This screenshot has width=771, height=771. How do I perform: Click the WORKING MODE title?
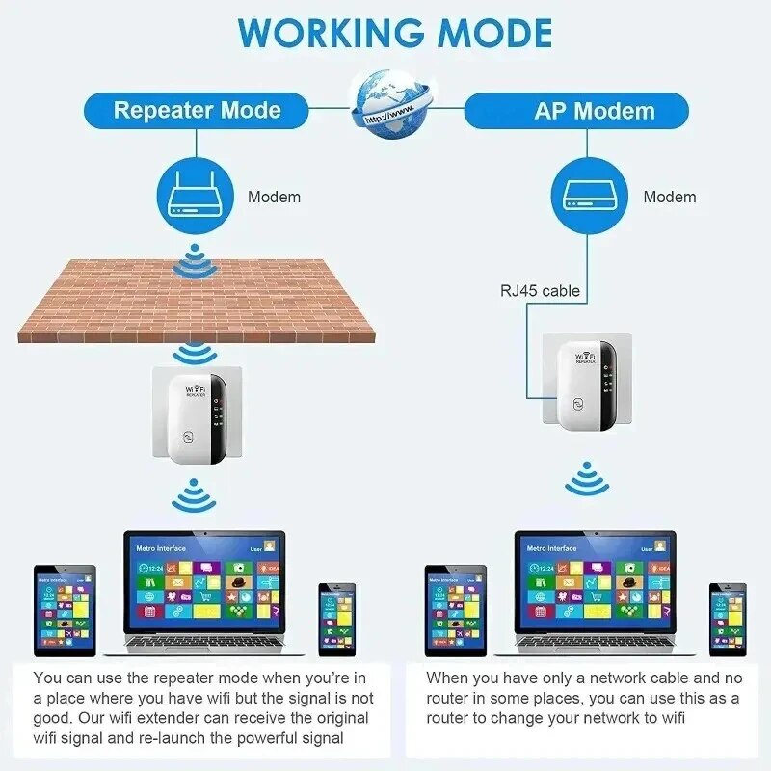pyautogui.click(x=395, y=33)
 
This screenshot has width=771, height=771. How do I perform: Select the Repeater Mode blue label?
pyautogui.click(x=197, y=110)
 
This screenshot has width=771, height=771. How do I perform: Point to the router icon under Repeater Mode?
pyautogui.click(x=197, y=196)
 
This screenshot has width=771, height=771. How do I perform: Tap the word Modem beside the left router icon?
pyautogui.click(x=275, y=197)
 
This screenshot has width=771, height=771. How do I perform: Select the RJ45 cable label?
pyautogui.click(x=540, y=289)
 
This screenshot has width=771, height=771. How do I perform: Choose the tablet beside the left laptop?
pyautogui.click(x=65, y=611)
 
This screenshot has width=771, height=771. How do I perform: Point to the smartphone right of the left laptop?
pyautogui.click(x=337, y=618)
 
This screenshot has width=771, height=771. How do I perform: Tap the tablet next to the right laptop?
pyautogui.click(x=456, y=611)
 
